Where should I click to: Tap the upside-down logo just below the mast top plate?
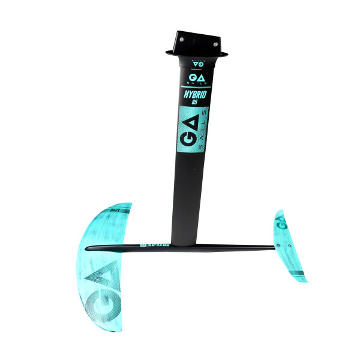[x=198, y=62]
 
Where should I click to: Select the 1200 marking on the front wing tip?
[x=115, y=211]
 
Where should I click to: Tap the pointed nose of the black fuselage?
[x=88, y=248]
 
